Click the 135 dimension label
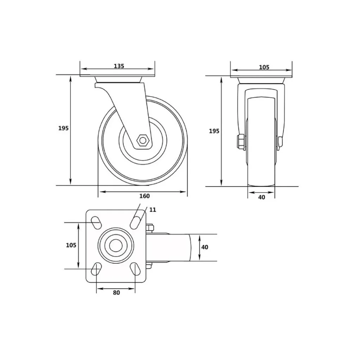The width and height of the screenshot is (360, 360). coord(119,66)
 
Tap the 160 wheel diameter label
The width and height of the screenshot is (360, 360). coord(144,196)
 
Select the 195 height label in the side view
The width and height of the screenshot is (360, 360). coord(63,128)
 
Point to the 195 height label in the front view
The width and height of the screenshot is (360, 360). coord(214,131)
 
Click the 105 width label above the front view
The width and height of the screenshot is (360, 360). coord(264,67)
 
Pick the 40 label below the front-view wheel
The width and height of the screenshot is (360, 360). coord(262,197)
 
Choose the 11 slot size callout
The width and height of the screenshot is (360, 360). coord(153,210)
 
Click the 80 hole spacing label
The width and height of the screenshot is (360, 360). coord(116,292)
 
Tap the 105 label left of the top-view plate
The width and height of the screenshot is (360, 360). coord(71,245)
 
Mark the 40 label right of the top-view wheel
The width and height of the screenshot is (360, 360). coord(205,247)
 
